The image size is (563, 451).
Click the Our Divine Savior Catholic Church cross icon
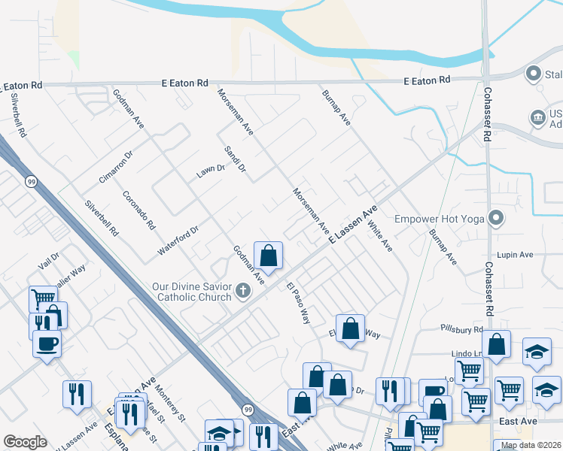[x=242, y=289]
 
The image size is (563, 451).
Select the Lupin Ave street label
[x=514, y=256]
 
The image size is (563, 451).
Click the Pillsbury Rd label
[x=462, y=329]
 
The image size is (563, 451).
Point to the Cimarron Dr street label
[x=116, y=166]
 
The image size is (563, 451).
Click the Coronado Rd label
[x=138, y=210]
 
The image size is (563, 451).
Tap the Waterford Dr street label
[x=178, y=240]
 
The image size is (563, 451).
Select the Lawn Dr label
[x=211, y=171]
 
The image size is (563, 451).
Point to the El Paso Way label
[x=298, y=302]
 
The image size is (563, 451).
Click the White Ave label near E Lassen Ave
[x=380, y=235]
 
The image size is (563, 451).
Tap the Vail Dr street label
[x=49, y=260]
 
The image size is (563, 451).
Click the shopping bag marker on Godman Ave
[x=269, y=256]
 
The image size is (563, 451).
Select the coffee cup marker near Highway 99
[x=47, y=344]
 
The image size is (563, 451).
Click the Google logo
[x=25, y=442]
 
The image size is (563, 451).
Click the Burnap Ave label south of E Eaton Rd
[x=336, y=109]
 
